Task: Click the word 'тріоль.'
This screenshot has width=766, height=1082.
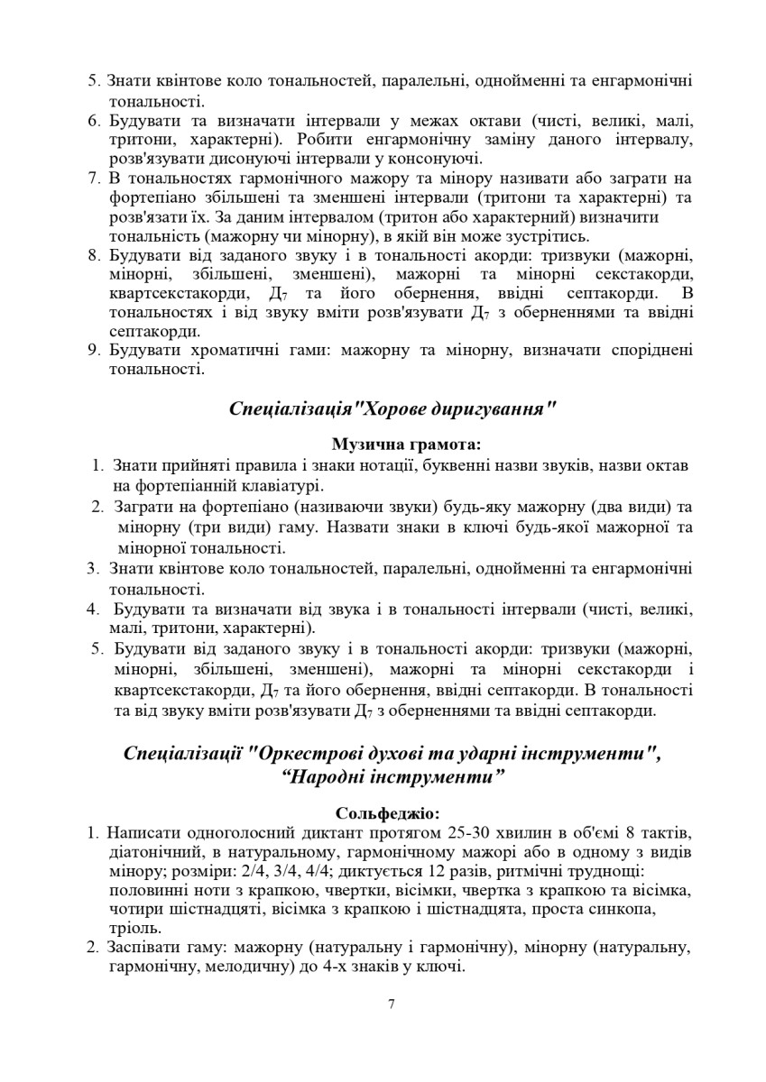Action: click(x=134, y=928)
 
